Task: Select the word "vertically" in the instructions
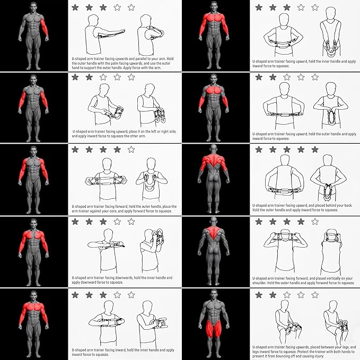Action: click(331, 278)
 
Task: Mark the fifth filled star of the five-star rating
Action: click(315, 150)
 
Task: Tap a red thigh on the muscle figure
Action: click(209, 328)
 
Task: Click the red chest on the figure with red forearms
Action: click(214, 90)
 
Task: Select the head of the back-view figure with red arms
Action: click(214, 147)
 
